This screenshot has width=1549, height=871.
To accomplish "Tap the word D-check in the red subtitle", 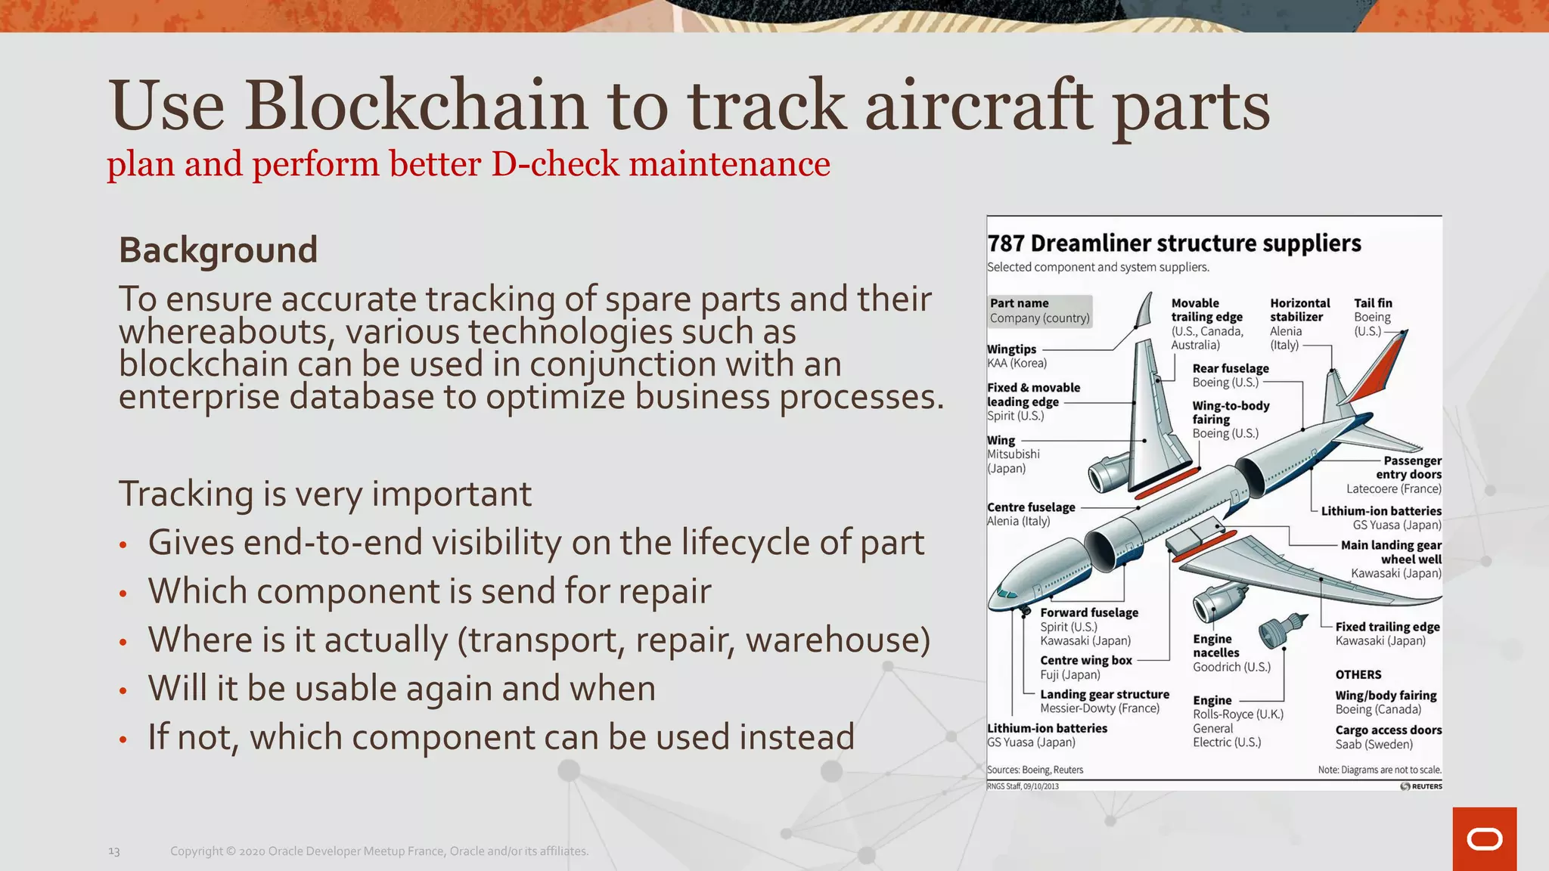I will point(556,165).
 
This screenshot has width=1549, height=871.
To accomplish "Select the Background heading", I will point(218,250).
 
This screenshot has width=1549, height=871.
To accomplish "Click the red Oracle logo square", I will point(1484,838).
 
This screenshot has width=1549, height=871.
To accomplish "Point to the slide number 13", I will point(114,851).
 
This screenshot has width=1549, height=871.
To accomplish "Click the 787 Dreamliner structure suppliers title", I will point(1174,243).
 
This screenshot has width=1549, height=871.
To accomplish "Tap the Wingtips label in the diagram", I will point(1011,349).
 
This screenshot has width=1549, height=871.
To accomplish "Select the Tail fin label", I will point(1373,303).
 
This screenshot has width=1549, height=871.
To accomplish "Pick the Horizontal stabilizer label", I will point(1299,310).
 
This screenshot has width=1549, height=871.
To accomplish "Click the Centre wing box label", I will point(1085,660).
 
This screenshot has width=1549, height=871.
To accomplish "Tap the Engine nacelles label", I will point(1216,646).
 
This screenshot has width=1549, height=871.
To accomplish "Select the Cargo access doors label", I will point(1388,730).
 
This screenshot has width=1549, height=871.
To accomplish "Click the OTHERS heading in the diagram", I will point(1358,674).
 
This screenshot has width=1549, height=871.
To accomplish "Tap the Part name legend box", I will point(1039,311).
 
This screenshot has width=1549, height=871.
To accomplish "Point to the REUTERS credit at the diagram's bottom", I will point(1421,786).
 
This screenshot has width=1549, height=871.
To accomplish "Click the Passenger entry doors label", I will point(1408,467).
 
